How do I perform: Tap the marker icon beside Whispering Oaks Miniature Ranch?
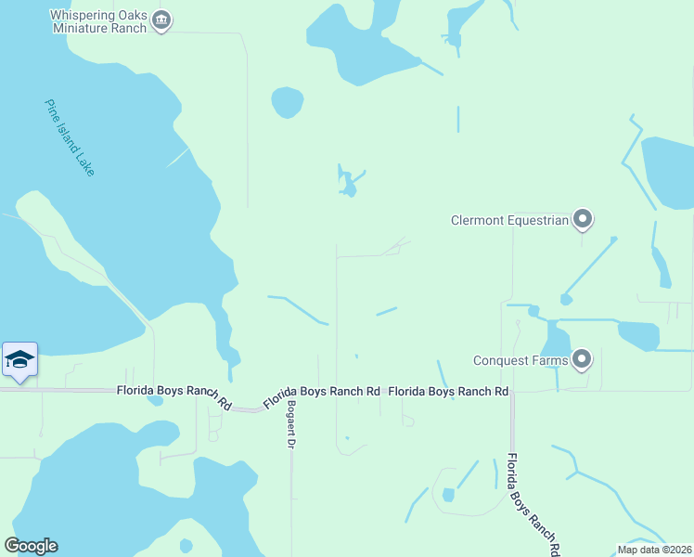(161, 20)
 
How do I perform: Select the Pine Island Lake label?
(70, 137)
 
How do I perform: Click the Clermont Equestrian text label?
(508, 220)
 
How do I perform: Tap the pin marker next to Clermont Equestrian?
(582, 219)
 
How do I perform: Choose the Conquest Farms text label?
(519, 360)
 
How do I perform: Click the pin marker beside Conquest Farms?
(582, 359)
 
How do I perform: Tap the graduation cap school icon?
(19, 359)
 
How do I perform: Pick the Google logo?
(31, 546)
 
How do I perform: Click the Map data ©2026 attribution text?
(653, 550)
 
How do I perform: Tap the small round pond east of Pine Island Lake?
(288, 102)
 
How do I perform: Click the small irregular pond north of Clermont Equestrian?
(348, 184)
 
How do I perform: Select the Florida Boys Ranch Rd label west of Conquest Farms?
(448, 392)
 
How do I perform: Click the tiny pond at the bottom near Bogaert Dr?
(186, 546)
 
